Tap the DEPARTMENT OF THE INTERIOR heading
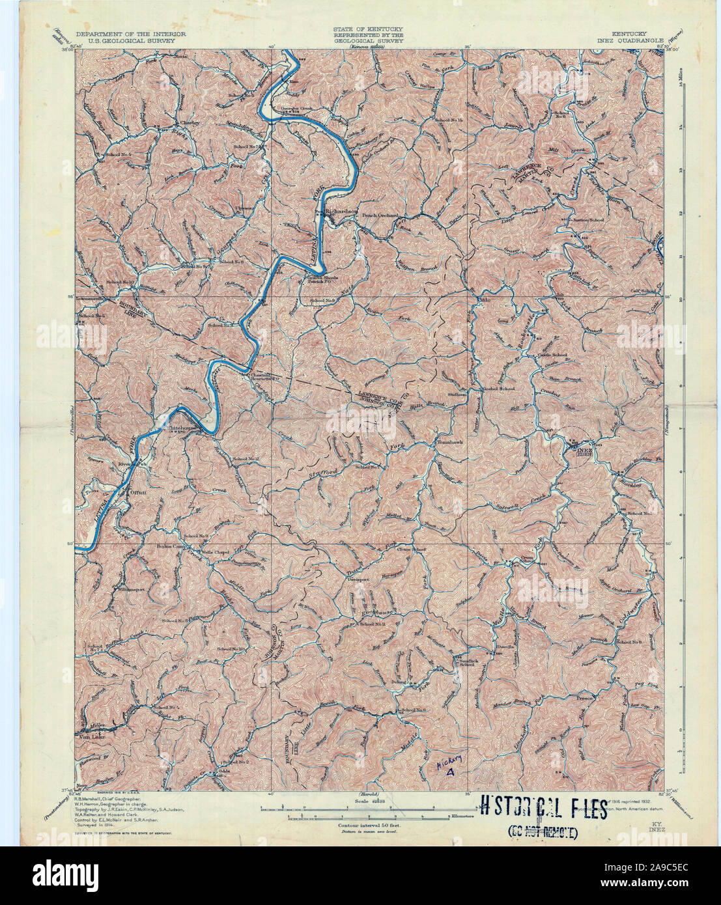(x=130, y=33)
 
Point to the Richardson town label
(x=343, y=211)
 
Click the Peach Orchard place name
(x=380, y=216)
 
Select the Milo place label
(x=483, y=301)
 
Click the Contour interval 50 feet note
(x=369, y=825)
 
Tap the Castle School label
(x=552, y=355)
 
